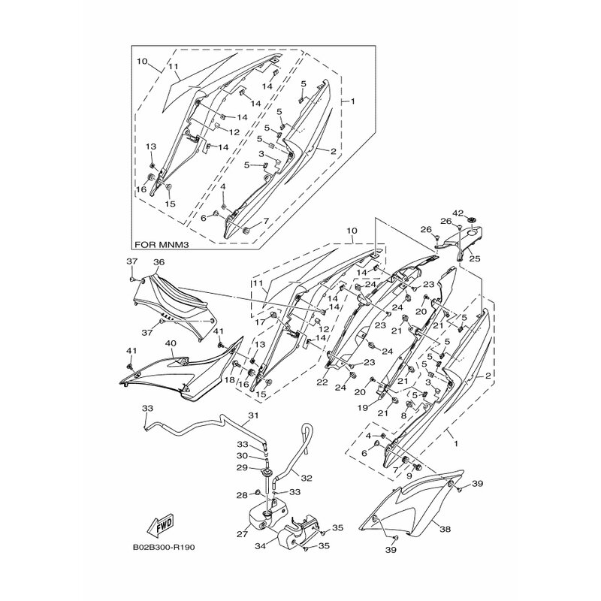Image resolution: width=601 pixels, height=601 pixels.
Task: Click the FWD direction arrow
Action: pos(161,524)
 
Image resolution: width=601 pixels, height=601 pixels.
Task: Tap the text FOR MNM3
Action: pos(158,243)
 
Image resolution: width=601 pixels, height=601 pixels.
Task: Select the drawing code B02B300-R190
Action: pos(164,547)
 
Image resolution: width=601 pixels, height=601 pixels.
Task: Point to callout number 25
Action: pos(475,259)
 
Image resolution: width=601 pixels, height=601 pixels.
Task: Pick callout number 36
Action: pos(159,262)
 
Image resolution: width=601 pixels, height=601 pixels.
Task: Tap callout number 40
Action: pos(171,343)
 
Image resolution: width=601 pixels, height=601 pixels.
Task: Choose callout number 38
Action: pos(445,530)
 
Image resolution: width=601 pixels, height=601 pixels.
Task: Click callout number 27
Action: pos(242,533)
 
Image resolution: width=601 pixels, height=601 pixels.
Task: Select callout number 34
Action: pos(260,545)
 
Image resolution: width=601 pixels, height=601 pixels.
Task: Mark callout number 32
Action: pos(307,478)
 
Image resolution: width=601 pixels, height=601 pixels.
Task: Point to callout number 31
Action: pos(253,415)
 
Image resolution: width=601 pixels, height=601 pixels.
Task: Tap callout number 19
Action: pos(363,408)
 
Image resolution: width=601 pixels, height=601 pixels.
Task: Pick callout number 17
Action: pos(260,323)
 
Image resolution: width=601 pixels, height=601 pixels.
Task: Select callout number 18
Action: pos(229,380)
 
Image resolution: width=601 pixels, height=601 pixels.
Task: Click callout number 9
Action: pos(409,476)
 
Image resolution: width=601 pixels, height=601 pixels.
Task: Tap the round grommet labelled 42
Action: pos(472,219)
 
